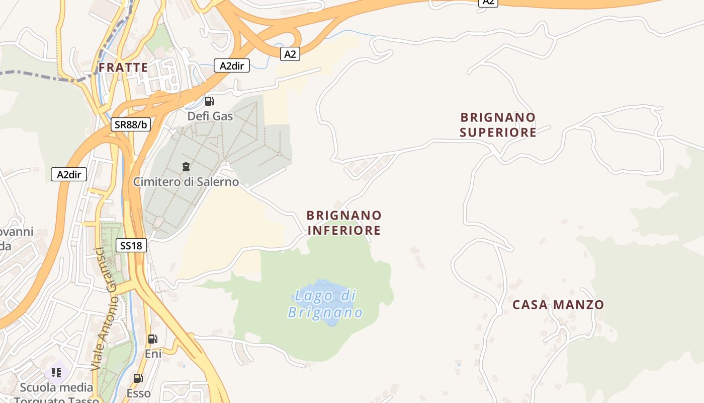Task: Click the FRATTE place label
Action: pyautogui.click(x=123, y=68)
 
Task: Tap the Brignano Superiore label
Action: pyautogui.click(x=498, y=125)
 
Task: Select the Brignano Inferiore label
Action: pyautogui.click(x=344, y=223)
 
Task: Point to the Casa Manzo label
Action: pyautogui.click(x=558, y=305)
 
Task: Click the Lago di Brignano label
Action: pyautogui.click(x=325, y=304)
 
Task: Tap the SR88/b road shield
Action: pyautogui.click(x=131, y=125)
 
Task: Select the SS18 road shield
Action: pyautogui.click(x=131, y=246)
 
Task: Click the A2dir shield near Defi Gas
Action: pyautogui.click(x=232, y=65)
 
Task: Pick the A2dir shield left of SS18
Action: pyautogui.click(x=69, y=175)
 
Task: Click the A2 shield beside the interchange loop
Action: pyautogui.click(x=290, y=54)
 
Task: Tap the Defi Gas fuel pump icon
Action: pyautogui.click(x=210, y=101)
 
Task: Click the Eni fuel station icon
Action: pyautogui.click(x=152, y=339)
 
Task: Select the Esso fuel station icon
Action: pyautogui.click(x=138, y=378)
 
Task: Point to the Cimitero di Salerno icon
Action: pyautogui.click(x=186, y=166)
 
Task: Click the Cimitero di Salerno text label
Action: pyautogui.click(x=186, y=181)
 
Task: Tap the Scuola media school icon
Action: pyautogui.click(x=56, y=373)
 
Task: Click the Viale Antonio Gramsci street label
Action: pyautogui.click(x=105, y=310)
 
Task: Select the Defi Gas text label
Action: pyautogui.click(x=210, y=116)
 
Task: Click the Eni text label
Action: pyautogui.click(x=153, y=354)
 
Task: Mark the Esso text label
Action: pyautogui.click(x=138, y=393)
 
